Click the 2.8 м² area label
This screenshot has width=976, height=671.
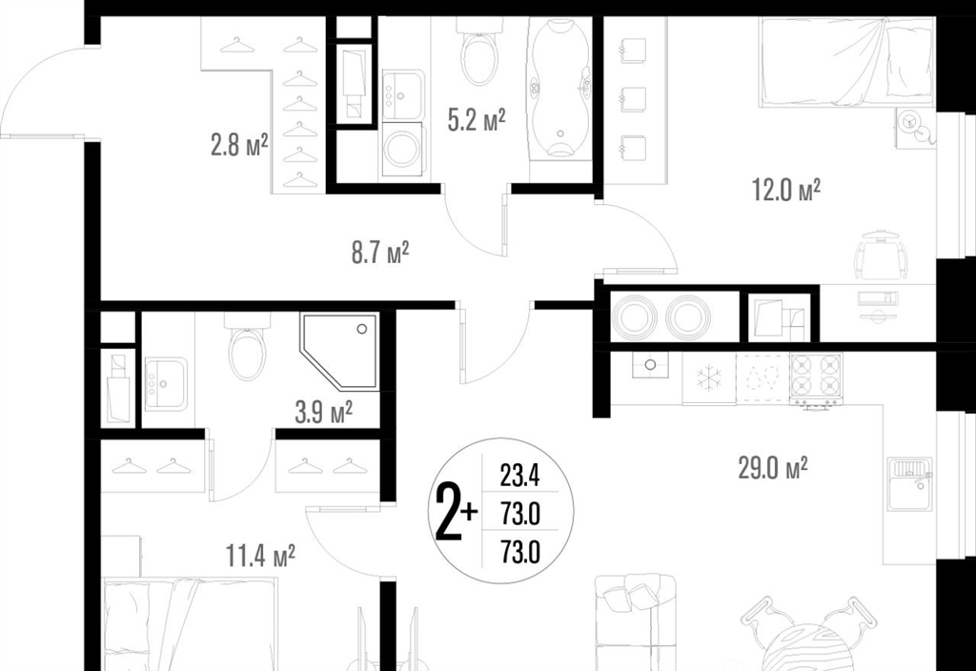pos(239,146)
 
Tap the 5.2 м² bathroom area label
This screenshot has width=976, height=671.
pos(477,119)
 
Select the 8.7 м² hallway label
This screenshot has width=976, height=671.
pos(380,253)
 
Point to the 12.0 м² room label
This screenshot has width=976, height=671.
pos(786,190)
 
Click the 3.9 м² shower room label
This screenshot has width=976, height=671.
pos(324,412)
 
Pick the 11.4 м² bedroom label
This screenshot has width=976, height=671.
pos(260,556)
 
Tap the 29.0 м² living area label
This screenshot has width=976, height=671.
pos(773,467)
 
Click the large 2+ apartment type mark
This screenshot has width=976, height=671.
pos(457,511)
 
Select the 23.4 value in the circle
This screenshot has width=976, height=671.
pos(519,478)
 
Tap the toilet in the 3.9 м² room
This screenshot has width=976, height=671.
pos(247,347)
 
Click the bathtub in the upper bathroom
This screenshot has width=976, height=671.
pos(559,86)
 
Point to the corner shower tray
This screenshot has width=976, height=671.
pos(339,351)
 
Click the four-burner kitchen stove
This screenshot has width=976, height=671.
pos(816,377)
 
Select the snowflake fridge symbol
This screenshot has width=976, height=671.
pos(709,377)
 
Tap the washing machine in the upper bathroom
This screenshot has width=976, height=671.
pos(401,149)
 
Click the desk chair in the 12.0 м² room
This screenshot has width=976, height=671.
pos(879,255)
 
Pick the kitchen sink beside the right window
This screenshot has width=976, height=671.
pos(909,483)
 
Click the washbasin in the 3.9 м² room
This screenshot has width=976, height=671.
pos(166,384)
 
